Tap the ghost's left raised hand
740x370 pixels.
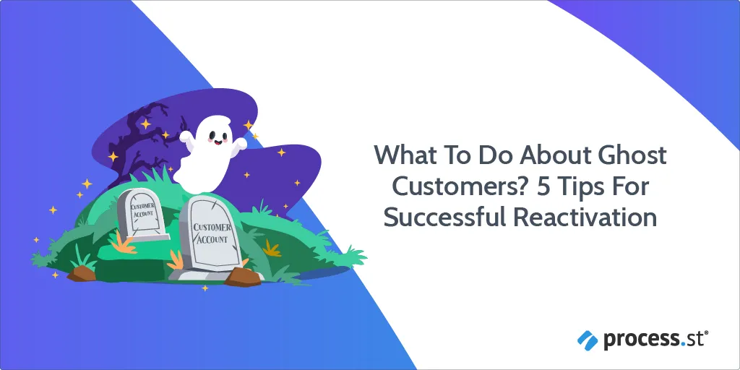coord(186,138)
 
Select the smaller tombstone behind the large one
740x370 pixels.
coord(142,215)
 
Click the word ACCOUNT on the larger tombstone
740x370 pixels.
coord(212,238)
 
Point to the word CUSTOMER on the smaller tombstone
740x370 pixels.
coord(142,206)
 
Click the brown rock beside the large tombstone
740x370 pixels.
coord(243,277)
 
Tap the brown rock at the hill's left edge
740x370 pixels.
coord(81,273)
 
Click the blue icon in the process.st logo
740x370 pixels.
coord(588,339)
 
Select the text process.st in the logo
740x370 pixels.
coord(655,340)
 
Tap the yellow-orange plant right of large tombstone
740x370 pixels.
coord(272,248)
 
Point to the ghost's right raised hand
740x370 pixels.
coord(241,142)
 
